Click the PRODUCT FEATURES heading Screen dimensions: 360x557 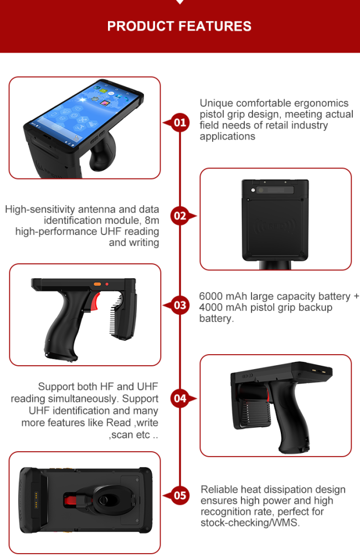(x=179, y=26)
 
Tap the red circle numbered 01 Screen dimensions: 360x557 (x=180, y=122)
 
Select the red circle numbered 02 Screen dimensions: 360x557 (x=180, y=216)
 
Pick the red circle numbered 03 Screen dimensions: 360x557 (x=180, y=305)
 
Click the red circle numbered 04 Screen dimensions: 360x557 (x=180, y=398)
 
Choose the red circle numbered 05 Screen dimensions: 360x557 (x=180, y=495)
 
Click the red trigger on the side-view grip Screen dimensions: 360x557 (x=95, y=302)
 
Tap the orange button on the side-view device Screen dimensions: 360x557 (x=97, y=284)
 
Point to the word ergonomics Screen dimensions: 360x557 (x=321, y=104)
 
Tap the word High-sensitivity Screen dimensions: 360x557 (x=40, y=209)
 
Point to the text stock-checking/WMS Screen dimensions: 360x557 (x=250, y=523)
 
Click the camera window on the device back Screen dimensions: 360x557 (x=275, y=190)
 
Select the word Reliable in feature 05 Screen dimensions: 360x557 (x=219, y=489)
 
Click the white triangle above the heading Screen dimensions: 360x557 (x=179, y=2)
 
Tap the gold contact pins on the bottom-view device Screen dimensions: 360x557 (x=36, y=500)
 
